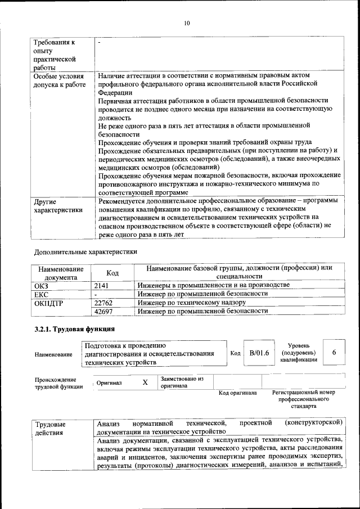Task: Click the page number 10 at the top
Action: coord(187,23)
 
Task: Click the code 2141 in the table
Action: coord(101,286)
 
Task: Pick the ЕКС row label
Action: coord(42,294)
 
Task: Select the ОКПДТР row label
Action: coord(49,303)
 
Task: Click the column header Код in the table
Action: coord(112,273)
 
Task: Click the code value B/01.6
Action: coord(259,353)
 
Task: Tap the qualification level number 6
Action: coord(334,353)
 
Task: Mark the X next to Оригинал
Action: coord(145,382)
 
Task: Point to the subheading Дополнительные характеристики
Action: coord(85,251)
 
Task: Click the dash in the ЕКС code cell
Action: coord(97,294)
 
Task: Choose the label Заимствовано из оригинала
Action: coord(181,382)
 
